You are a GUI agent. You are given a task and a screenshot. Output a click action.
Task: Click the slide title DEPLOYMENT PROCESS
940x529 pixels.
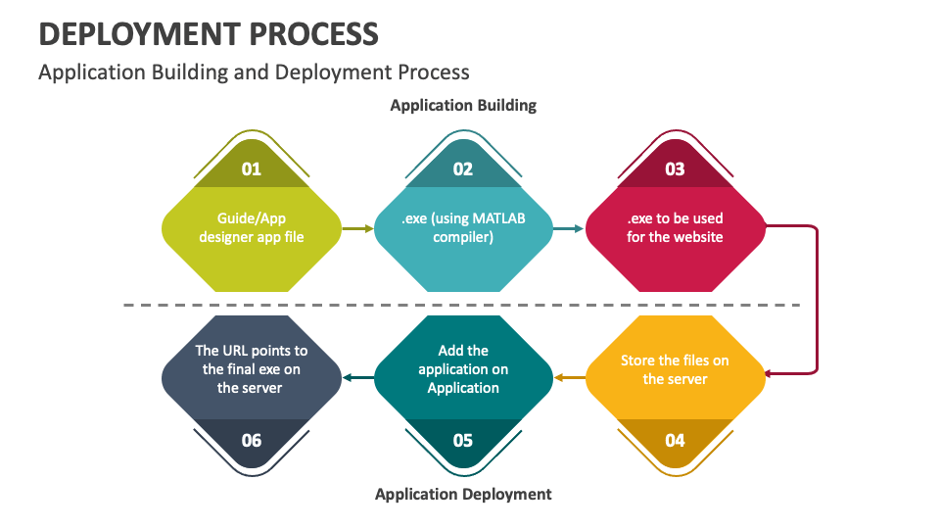click(x=208, y=34)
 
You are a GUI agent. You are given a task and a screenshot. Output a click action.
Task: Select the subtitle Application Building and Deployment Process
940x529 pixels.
click(x=254, y=72)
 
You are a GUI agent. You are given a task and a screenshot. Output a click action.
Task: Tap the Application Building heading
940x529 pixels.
click(x=463, y=105)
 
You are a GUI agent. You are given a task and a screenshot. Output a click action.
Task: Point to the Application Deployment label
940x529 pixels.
click(x=463, y=494)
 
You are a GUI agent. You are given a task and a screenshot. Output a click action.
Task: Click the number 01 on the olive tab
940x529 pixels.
click(x=252, y=168)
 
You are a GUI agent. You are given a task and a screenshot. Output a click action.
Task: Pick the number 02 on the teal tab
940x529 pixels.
click(x=463, y=168)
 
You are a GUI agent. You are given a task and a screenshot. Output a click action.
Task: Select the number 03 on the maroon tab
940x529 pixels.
click(x=675, y=168)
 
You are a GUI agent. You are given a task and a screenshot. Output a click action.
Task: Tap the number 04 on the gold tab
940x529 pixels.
click(x=675, y=440)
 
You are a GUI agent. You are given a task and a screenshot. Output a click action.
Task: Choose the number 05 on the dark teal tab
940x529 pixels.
click(x=463, y=440)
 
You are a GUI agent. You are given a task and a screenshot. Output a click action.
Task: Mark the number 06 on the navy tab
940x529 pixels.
click(x=252, y=440)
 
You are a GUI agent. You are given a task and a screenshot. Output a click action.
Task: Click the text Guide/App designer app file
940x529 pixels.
click(x=252, y=227)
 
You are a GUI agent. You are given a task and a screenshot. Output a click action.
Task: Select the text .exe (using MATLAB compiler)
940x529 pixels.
click(x=463, y=227)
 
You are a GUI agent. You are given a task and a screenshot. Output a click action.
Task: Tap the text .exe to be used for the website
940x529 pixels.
click(x=675, y=227)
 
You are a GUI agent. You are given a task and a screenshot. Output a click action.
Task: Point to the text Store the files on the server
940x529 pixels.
click(x=675, y=369)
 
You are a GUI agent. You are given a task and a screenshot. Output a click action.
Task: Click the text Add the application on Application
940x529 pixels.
click(x=463, y=369)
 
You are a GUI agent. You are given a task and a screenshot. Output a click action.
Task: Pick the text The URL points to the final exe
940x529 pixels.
click(x=252, y=369)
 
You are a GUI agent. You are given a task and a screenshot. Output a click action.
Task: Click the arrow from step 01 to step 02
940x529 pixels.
click(x=357, y=228)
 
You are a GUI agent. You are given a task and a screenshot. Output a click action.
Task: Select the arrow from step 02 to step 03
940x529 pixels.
click(x=569, y=228)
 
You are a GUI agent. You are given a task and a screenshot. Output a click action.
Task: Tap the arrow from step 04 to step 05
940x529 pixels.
click(x=569, y=377)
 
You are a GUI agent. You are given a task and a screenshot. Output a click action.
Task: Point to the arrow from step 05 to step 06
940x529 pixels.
click(x=357, y=377)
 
